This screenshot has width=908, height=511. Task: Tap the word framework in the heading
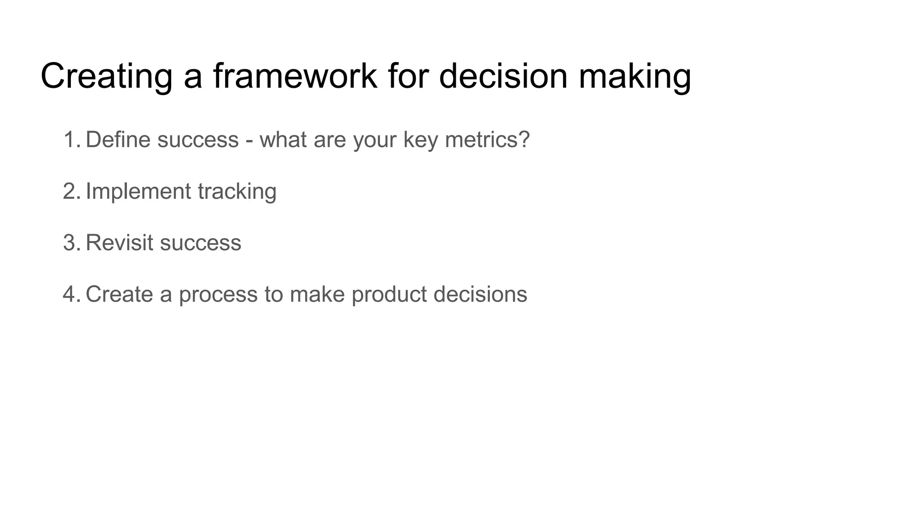point(295,76)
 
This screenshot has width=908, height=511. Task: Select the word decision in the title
point(503,76)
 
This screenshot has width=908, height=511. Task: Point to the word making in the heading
point(634,76)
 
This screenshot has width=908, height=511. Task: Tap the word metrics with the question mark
point(487,140)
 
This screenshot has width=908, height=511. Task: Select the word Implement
point(138,191)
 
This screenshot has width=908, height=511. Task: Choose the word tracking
point(237,191)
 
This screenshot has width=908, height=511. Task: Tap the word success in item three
point(200,243)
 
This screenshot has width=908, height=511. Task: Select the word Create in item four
point(119,294)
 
